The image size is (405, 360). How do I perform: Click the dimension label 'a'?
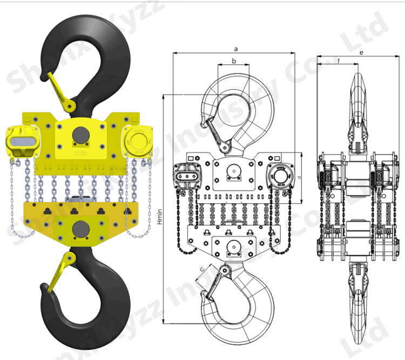coord(236,49)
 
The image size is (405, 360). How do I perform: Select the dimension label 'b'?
coord(234,61)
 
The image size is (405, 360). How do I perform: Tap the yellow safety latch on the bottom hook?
coord(60,273)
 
